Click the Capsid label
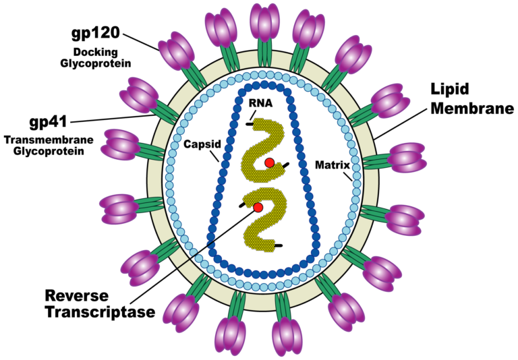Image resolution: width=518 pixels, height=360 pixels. coord(200,145)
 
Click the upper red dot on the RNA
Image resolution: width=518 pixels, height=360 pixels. coord(269,162)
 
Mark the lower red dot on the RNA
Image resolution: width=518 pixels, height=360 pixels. coord(258,208)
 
